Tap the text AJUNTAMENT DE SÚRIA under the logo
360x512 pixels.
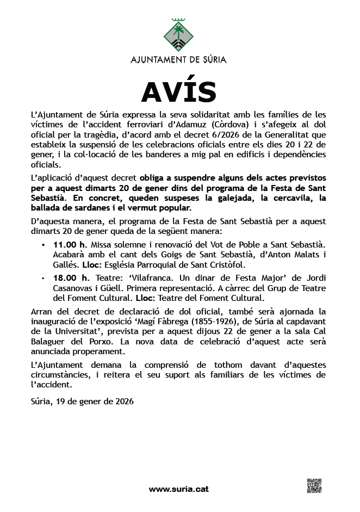click(x=179, y=59)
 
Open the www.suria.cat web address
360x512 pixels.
click(x=179, y=489)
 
